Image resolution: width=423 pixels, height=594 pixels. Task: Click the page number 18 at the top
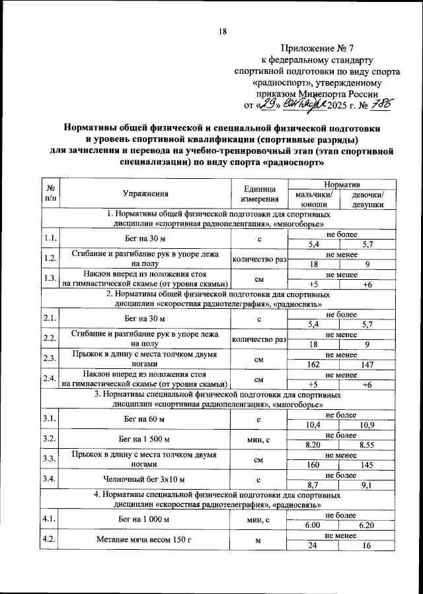pyautogui.click(x=222, y=32)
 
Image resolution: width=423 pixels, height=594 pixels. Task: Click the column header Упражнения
pyautogui.click(x=145, y=193)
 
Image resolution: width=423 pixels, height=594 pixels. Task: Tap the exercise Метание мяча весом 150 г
pyautogui.click(x=145, y=541)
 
